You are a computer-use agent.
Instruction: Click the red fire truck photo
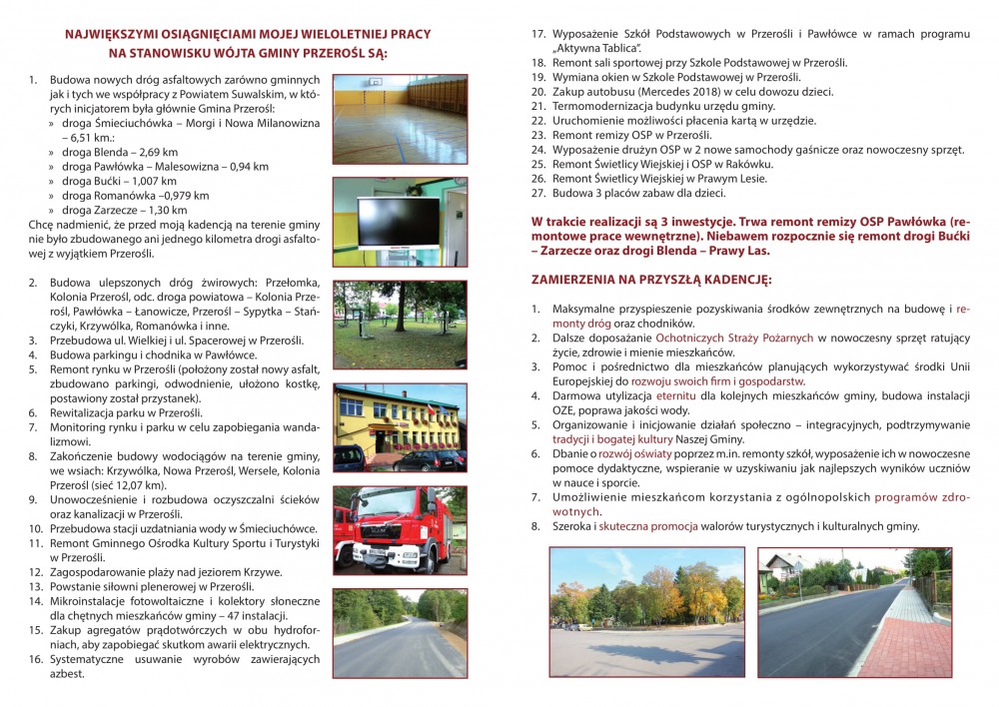(399, 529)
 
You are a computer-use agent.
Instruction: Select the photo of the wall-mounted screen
(399, 222)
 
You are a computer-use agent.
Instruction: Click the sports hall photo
(399, 120)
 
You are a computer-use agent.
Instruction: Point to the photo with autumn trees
(646, 611)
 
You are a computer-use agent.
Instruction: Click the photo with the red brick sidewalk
(854, 611)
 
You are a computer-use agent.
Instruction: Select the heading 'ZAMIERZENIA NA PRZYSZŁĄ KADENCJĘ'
(650, 279)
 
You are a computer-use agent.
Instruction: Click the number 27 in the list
(536, 193)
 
